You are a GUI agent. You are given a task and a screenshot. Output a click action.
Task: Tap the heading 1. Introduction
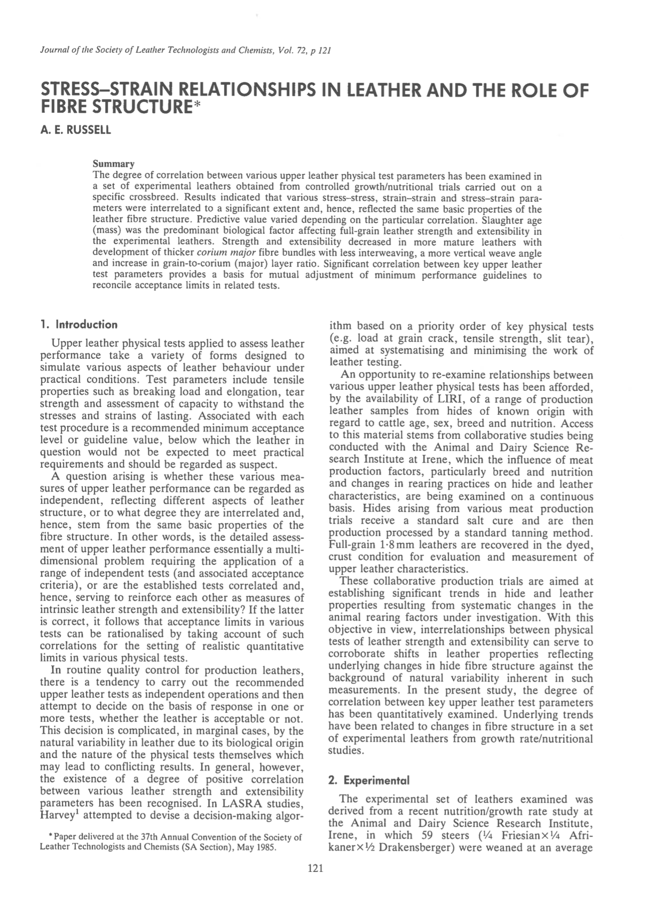click(79, 324)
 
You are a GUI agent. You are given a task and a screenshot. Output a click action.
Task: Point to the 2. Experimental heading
click(369, 780)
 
